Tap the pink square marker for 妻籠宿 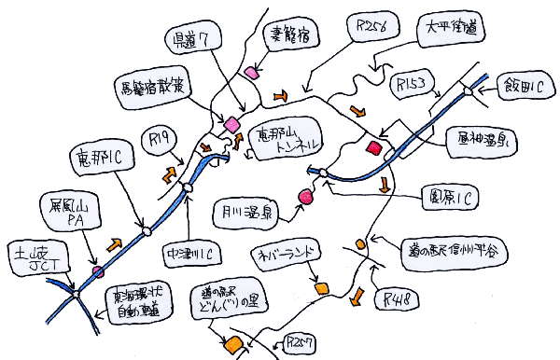click(x=250, y=72)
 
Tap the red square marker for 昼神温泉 click(x=375, y=146)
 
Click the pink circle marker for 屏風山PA click(x=97, y=271)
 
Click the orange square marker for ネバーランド click(x=322, y=289)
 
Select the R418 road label click(x=399, y=300)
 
